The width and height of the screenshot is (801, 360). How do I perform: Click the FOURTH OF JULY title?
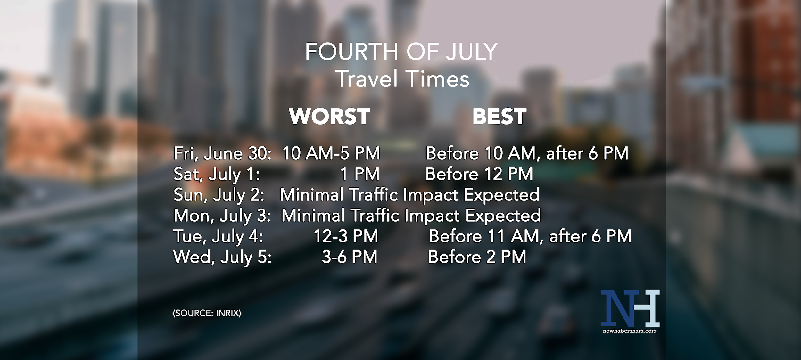[401, 52]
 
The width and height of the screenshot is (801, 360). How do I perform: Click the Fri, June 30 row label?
[222, 153]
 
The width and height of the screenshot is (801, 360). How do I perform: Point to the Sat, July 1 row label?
[216, 174]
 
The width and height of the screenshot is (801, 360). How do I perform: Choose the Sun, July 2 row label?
[219, 195]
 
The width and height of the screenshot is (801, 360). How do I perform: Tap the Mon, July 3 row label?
[222, 216]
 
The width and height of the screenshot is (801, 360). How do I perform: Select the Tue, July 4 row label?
[218, 236]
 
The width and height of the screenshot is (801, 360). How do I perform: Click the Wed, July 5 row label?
[222, 257]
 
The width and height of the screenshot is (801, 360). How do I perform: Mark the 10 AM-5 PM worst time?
[331, 153]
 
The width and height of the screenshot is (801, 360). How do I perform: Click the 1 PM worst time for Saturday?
[359, 174]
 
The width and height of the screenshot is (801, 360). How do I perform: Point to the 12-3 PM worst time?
[346, 236]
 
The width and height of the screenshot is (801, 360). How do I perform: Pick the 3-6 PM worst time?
[350, 257]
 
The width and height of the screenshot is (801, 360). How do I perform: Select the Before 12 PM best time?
[479, 174]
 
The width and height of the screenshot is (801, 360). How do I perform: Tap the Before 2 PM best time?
[477, 257]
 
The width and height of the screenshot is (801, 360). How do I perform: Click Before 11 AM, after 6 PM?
[530, 236]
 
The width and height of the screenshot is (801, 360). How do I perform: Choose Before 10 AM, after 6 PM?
[527, 153]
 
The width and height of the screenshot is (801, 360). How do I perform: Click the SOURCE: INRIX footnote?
[207, 313]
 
